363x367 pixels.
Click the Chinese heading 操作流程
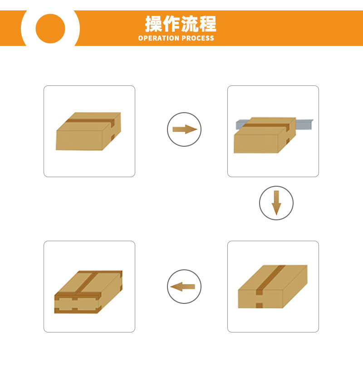181,24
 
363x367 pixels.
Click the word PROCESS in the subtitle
198,38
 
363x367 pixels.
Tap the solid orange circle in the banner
50,29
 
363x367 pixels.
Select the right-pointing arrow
185,129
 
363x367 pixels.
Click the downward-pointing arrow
276,203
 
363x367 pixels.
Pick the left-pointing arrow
182,287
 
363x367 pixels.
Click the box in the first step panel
88,131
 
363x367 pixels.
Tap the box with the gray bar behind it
265,135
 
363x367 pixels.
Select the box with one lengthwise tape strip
273,287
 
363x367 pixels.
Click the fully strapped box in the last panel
88,292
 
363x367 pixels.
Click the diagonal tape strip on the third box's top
270,278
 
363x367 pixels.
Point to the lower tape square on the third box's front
259,305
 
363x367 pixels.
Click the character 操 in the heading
153,24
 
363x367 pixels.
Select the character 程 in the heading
208,24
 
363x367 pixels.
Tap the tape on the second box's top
266,125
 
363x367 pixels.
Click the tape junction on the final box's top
78,293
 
